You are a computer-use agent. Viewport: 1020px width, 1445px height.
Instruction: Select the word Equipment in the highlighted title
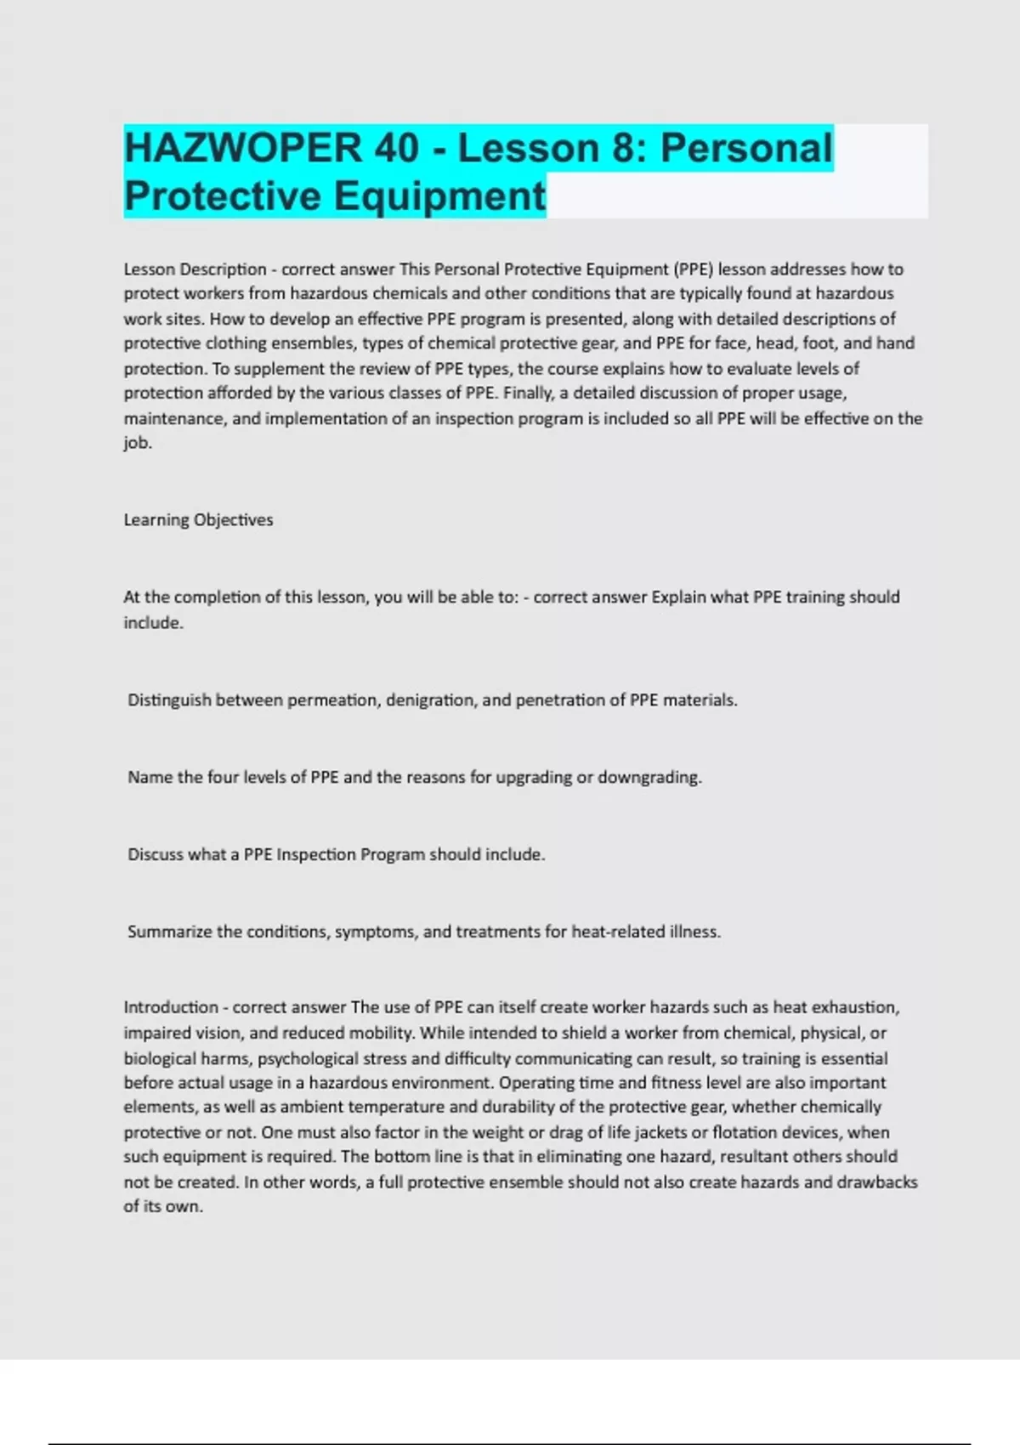coord(439,195)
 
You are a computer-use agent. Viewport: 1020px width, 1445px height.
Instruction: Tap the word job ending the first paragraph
coord(136,443)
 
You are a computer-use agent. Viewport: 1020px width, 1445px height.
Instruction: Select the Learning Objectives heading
coord(198,519)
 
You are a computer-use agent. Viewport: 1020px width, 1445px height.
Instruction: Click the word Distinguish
coord(169,700)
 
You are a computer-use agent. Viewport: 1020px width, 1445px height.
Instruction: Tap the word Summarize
coord(169,932)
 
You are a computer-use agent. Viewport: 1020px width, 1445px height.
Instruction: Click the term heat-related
coord(618,932)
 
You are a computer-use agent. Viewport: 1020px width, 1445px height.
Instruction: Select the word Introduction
coord(171,1007)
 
